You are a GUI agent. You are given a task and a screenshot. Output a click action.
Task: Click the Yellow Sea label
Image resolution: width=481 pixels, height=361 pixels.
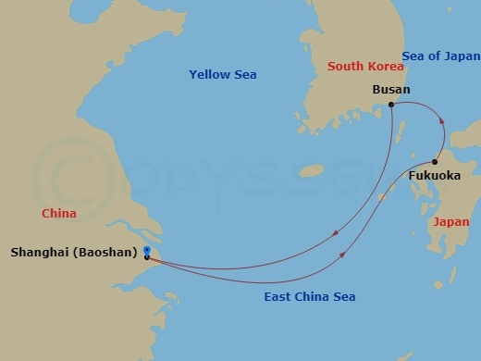click(223, 74)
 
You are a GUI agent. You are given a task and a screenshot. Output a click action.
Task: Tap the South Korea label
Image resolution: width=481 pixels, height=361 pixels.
click(365, 66)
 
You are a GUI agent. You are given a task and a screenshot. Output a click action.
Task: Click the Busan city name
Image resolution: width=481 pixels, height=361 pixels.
click(390, 90)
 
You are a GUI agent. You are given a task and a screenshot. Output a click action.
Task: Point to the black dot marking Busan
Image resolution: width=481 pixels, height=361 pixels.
click(391, 105)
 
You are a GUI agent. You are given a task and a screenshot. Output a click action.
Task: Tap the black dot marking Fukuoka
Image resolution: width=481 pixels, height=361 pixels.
click(434, 162)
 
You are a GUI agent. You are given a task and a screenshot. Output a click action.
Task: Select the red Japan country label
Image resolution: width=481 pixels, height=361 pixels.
click(451, 222)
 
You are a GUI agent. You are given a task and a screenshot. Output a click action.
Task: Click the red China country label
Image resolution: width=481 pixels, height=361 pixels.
click(58, 214)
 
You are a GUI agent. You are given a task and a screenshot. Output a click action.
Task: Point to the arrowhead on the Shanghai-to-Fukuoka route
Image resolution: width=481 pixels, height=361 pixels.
click(345, 255)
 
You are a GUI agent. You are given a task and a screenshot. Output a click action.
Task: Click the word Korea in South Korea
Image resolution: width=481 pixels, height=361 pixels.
click(384, 66)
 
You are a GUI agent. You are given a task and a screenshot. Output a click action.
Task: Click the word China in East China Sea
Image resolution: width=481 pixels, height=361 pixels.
click(305, 296)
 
